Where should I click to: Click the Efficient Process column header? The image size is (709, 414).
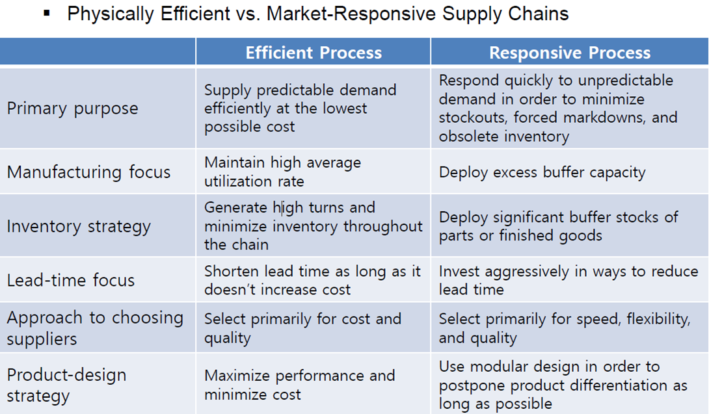click(314, 53)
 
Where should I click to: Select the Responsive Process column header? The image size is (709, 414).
click(570, 53)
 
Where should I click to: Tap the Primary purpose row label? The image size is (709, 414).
click(72, 109)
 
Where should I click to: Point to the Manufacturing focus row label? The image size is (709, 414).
click(88, 172)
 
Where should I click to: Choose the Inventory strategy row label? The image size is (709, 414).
click(79, 226)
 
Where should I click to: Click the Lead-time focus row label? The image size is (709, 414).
click(70, 280)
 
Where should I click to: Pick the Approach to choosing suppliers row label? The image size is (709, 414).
click(95, 328)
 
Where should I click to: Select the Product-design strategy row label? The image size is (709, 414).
click(66, 385)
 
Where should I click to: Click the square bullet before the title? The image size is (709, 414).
click(47, 14)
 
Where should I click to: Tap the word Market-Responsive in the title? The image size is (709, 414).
click(351, 14)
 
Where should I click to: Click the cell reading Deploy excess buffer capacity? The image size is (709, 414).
click(542, 173)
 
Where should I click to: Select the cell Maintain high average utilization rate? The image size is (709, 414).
click(282, 172)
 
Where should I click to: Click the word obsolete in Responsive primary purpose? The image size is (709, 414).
click(469, 136)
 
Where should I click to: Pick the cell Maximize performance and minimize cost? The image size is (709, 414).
click(299, 385)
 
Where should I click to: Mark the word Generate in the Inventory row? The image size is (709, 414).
click(235, 207)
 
